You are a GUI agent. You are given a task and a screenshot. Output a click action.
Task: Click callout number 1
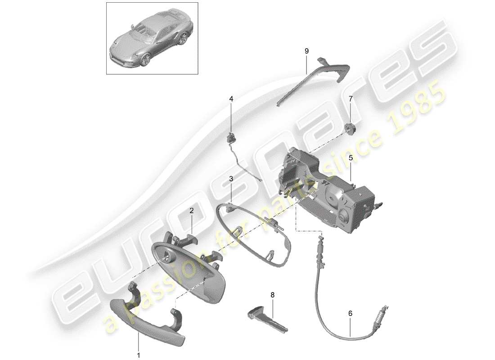tap(139, 355)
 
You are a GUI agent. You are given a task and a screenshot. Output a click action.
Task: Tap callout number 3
tap(231, 179)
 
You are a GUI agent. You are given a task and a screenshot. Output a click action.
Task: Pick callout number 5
tap(350, 158)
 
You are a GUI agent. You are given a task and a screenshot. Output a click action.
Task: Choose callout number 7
tap(350, 98)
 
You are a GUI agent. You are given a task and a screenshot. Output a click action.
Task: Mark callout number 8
tap(272, 295)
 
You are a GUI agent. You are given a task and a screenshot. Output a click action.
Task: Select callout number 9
tap(306, 51)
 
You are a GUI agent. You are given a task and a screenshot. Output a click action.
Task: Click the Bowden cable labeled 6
tap(328, 310)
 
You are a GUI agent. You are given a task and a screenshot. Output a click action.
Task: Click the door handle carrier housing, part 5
tap(333, 198)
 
